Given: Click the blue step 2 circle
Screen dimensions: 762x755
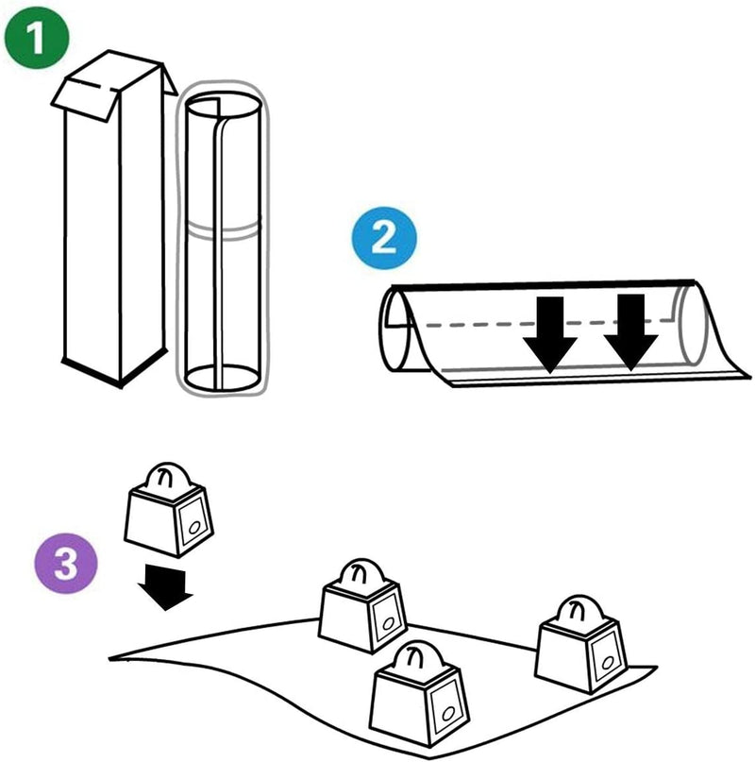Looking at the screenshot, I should pos(383,239).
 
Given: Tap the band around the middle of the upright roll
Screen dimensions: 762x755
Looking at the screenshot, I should pos(223,229).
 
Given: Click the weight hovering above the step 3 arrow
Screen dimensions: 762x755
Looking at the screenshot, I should pos(169,511).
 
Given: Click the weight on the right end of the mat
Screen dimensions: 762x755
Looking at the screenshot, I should pos(579,642).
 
